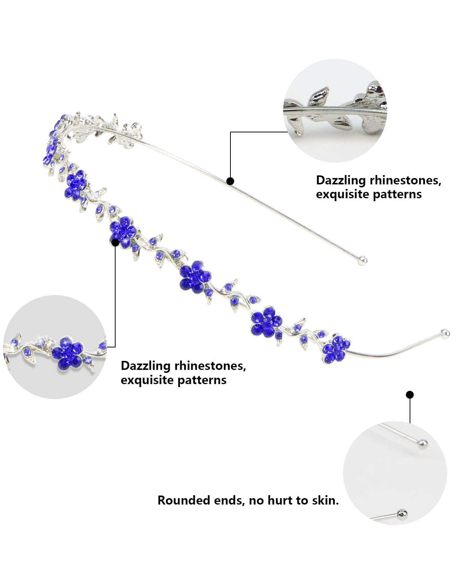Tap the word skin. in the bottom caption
coord(325,500)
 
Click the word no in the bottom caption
coord(256,500)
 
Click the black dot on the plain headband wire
coord(230,181)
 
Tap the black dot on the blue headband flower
coord(116,242)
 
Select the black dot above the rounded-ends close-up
coord(410,395)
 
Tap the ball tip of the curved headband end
coord(445,332)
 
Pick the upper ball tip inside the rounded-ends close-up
coord(423,444)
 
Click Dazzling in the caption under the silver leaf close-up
coord(340,180)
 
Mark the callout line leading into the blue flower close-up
coord(115,295)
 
